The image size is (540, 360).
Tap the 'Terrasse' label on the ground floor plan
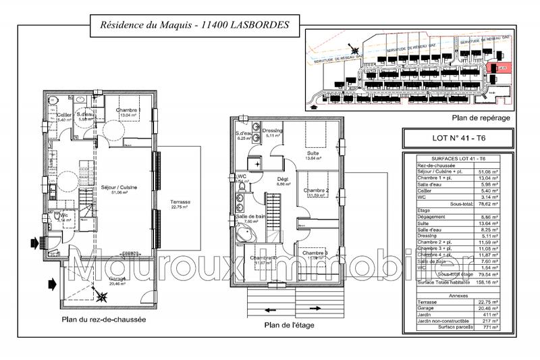pyautogui.click(x=180, y=205)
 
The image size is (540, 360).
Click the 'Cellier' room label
pyautogui.click(x=64, y=115)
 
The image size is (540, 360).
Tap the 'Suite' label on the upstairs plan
pyautogui.click(x=313, y=153)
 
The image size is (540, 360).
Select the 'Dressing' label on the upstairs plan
pyautogui.click(x=272, y=130)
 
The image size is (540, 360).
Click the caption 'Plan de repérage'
pyautogui.click(x=482, y=118)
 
